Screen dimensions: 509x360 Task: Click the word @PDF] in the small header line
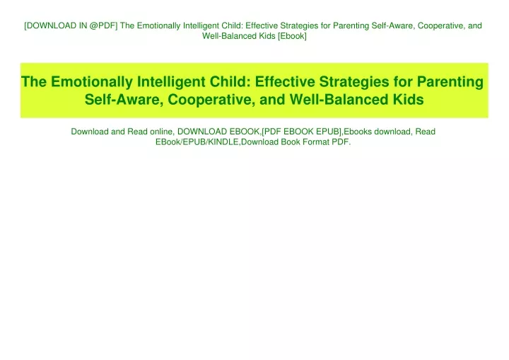[x=103, y=25]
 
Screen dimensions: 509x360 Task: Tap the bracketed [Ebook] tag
[x=292, y=36]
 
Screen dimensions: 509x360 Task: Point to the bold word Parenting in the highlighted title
[x=450, y=82]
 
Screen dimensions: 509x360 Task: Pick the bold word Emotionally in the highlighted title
[x=92, y=82]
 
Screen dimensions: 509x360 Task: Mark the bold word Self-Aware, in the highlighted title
[x=124, y=100]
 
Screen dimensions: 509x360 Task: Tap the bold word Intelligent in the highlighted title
[x=171, y=82]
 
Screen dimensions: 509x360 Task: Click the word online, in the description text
[x=161, y=132]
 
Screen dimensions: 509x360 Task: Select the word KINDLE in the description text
[x=223, y=142]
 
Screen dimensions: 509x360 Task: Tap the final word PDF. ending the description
[x=341, y=142]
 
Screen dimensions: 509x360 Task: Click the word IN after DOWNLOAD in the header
[x=83, y=25]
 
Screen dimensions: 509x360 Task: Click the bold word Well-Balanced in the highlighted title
[x=339, y=100]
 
